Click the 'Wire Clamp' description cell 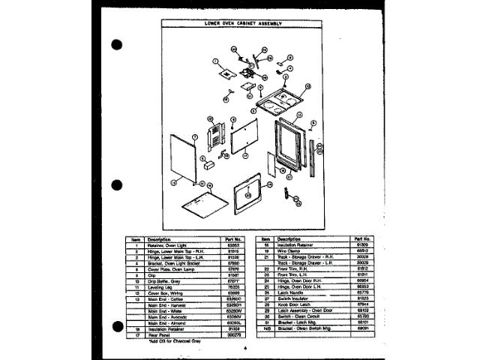click(287, 250)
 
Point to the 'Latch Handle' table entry click(289, 292)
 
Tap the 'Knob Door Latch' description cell click(292, 304)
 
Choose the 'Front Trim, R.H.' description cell click(292, 268)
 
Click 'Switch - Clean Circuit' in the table click(296, 316)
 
